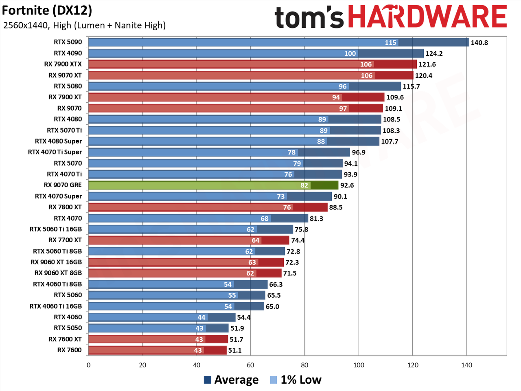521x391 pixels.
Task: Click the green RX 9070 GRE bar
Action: pyautogui.click(x=213, y=185)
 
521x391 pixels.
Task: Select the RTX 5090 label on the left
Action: pyautogui.click(x=68, y=42)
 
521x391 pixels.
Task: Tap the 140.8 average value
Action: pyautogui.click(x=479, y=42)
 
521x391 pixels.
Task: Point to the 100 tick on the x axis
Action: pyautogui.click(x=359, y=365)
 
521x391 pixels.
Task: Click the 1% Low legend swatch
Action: pyautogui.click(x=273, y=380)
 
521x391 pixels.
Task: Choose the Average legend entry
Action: pyautogui.click(x=231, y=380)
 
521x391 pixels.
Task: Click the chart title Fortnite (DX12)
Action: pyautogui.click(x=47, y=11)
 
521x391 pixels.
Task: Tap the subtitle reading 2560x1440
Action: pyautogui.click(x=25, y=25)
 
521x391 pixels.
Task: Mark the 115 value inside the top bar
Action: pyautogui.click(x=390, y=42)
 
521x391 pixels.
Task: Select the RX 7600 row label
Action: pyautogui.click(x=69, y=350)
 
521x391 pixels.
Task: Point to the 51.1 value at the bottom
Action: pyautogui.click(x=235, y=350)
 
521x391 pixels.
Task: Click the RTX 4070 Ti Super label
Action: pyautogui.click(x=55, y=152)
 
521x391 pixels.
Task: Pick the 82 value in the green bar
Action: pyautogui.click(x=304, y=185)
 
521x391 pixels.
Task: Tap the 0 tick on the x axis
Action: pyautogui.click(x=89, y=365)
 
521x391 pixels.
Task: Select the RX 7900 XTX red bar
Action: pyautogui.click(x=252, y=64)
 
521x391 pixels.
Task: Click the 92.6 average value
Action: pyautogui.click(x=347, y=186)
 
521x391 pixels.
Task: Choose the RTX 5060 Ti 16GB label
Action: pyautogui.click(x=55, y=229)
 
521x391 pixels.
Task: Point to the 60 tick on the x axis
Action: pyautogui.click(x=250, y=365)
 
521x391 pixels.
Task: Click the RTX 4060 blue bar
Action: pyautogui.click(x=162, y=317)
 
